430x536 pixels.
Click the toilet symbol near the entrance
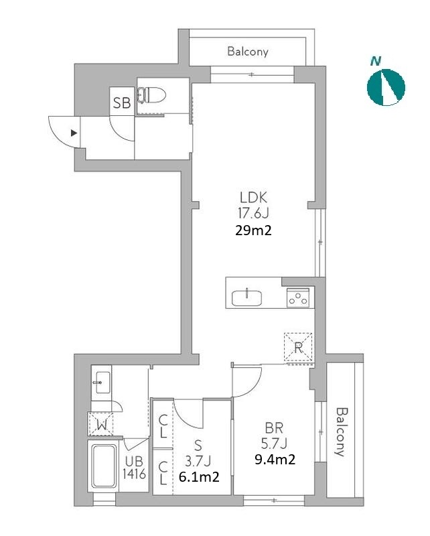pyautogui.click(x=151, y=95)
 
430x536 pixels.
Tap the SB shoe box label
pyautogui.click(x=122, y=103)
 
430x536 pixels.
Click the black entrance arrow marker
pyautogui.click(x=74, y=133)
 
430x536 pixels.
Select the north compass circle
pyautogui.click(x=386, y=87)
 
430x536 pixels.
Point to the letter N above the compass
pyautogui.click(x=376, y=62)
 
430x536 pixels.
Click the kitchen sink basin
pyautogui.click(x=246, y=297)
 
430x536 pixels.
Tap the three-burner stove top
pyautogui.click(x=298, y=297)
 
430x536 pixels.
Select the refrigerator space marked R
pyautogui.click(x=298, y=347)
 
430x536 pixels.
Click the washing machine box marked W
pyautogui.click(x=101, y=424)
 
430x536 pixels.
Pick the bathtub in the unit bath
pyautogui.click(x=103, y=466)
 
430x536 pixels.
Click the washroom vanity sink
pyautogui.click(x=102, y=383)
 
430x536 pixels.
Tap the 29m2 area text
pyautogui.click(x=253, y=230)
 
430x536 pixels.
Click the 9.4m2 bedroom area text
pyautogui.click(x=275, y=460)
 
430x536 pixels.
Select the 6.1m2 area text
pyautogui.click(x=199, y=476)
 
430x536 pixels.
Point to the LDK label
pyautogui.click(x=253, y=198)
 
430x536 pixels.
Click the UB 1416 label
pyautogui.click(x=135, y=468)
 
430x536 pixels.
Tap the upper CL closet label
pyautogui.click(x=163, y=426)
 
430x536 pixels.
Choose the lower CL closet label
pyautogui.click(x=163, y=473)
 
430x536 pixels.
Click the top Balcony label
pyautogui.click(x=248, y=52)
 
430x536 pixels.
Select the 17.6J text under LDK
pyautogui.click(x=253, y=214)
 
